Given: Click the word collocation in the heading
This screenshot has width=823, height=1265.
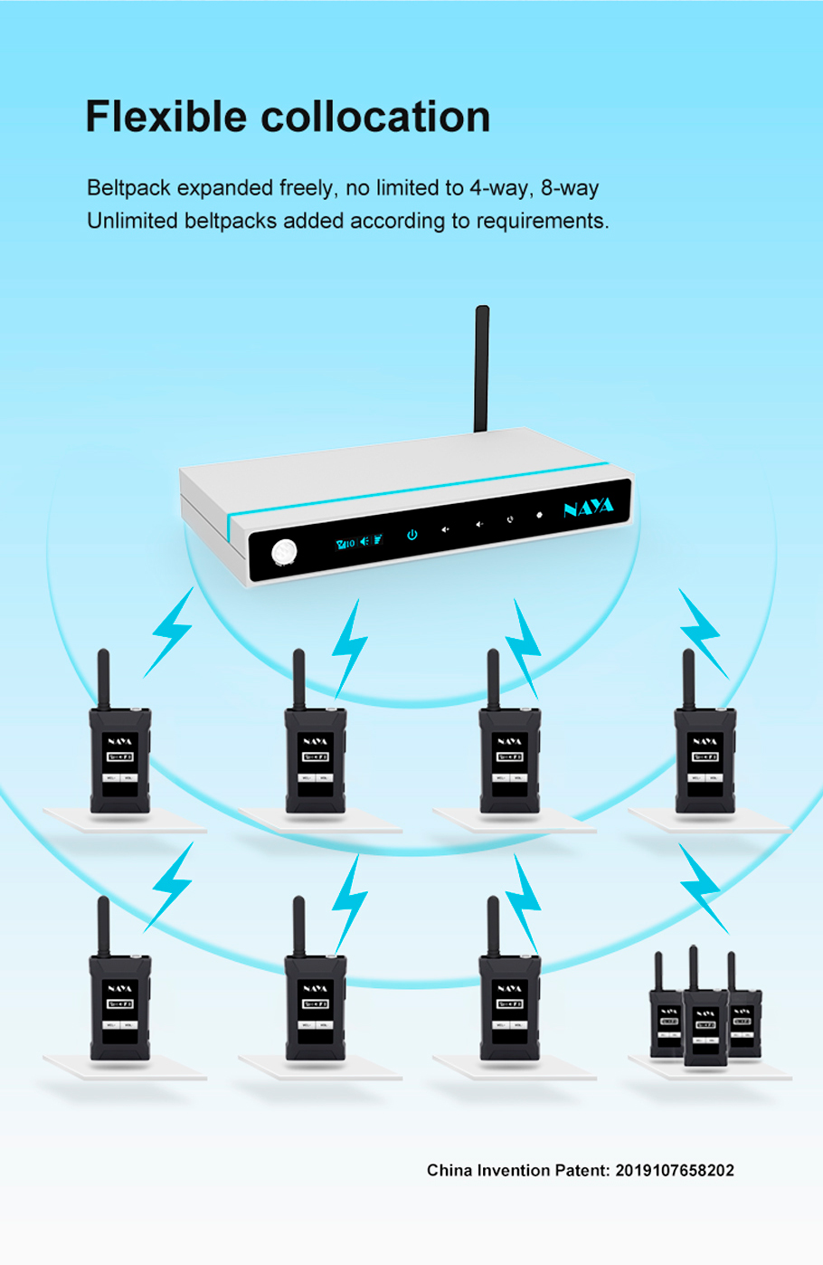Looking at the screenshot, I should pyautogui.click(x=375, y=118).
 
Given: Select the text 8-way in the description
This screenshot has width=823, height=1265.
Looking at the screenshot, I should pyautogui.click(x=570, y=188).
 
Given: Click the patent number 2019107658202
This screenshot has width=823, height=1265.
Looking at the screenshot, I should pyautogui.click(x=675, y=1170).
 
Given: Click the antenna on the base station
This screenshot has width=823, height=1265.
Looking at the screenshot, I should pyautogui.click(x=482, y=366).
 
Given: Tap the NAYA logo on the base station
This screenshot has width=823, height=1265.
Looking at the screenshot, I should pyautogui.click(x=588, y=508).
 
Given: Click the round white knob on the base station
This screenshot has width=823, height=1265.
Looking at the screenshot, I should pyautogui.click(x=284, y=551).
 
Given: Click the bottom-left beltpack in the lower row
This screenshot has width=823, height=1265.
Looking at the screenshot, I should pyautogui.click(x=119, y=1004).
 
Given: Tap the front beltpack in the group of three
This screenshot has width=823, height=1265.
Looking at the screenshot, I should pyautogui.click(x=705, y=1027).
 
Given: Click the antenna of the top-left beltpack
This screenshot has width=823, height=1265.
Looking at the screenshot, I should pyautogui.click(x=103, y=679).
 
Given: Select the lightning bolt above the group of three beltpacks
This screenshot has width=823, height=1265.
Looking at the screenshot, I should pyautogui.click(x=703, y=887).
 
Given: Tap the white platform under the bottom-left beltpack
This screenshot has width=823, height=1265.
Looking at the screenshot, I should pyautogui.click(x=125, y=1068).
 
